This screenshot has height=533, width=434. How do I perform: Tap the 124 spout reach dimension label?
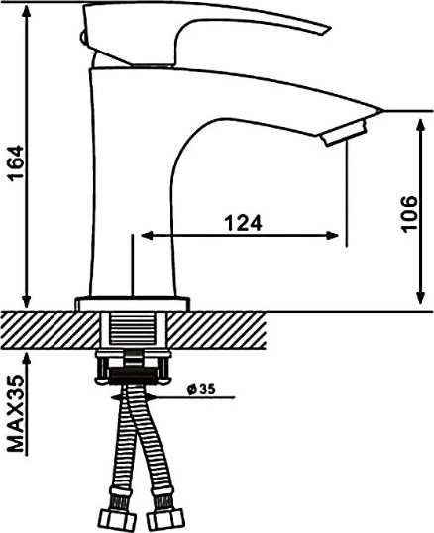244,223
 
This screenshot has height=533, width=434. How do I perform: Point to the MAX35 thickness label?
16,413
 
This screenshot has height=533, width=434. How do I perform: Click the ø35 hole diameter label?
201,389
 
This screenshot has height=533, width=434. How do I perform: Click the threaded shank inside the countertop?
133,329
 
